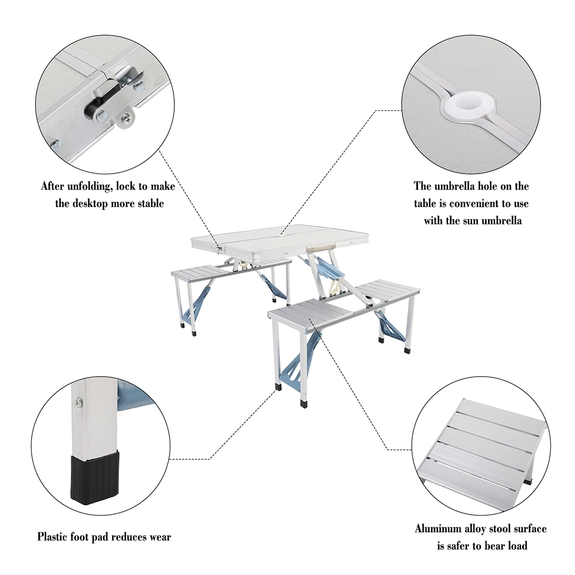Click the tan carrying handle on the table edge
tap(320, 245)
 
